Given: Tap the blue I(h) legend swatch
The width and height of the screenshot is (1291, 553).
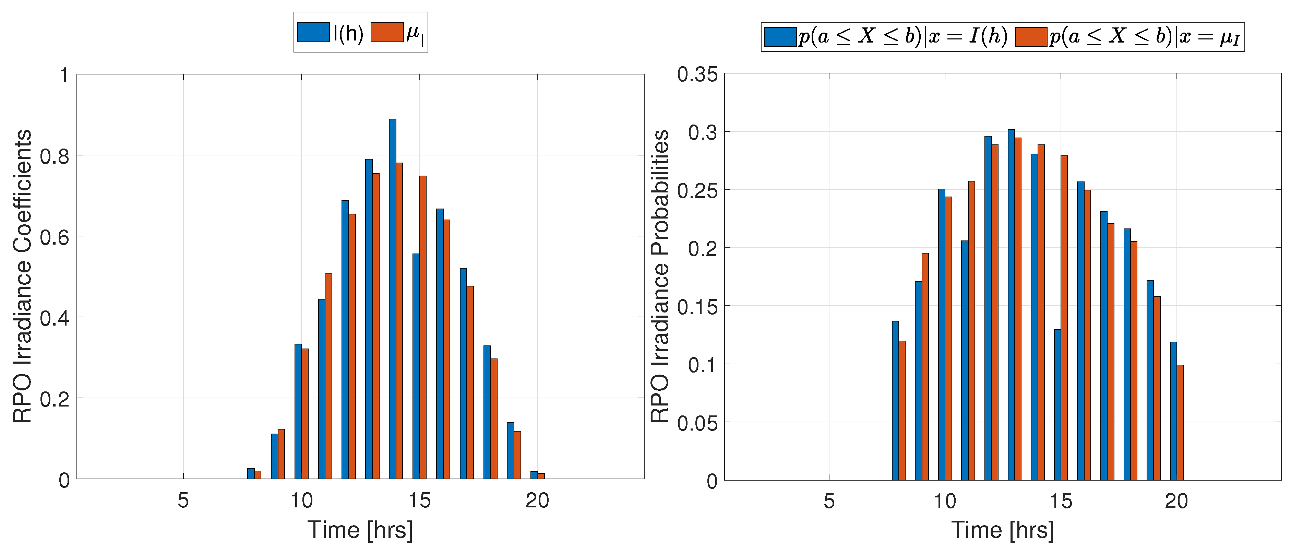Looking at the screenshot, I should point(313,32).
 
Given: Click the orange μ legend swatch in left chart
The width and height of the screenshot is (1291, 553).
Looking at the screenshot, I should point(387,32).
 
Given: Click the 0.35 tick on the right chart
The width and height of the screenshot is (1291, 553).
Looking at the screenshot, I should point(697,75).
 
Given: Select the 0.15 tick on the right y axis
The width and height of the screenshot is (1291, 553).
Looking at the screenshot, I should point(697,307).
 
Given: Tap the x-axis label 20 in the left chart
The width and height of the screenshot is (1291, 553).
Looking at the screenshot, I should point(537,501).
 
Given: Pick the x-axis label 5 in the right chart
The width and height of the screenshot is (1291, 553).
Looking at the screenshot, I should point(829,501).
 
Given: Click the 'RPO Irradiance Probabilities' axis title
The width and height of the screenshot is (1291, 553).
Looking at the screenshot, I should point(660,276).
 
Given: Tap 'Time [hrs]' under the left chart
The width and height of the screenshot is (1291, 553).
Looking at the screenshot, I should point(360,530).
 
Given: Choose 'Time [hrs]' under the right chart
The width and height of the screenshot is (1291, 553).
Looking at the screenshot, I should point(1002,530).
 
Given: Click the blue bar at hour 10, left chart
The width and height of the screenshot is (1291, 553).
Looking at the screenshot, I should point(298,411).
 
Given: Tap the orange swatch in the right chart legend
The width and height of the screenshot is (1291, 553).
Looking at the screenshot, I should point(1031,37).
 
